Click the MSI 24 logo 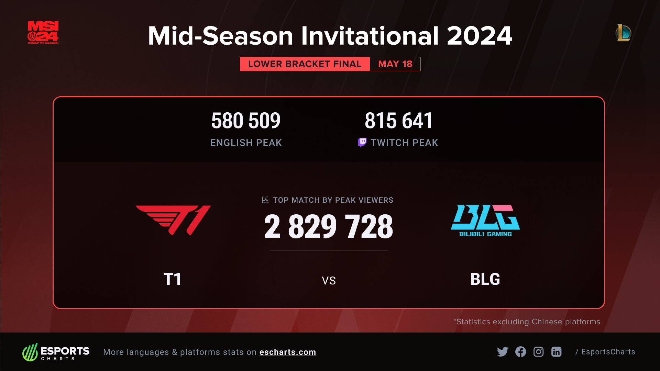[43, 33]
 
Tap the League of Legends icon [623, 33]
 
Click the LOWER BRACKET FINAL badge [305, 64]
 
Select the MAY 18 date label [395, 64]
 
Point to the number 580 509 [246, 121]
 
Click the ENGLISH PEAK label [246, 143]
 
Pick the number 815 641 [399, 121]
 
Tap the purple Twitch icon [362, 142]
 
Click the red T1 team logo [173, 220]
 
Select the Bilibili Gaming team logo [485, 221]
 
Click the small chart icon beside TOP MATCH [265, 200]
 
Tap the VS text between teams [329, 281]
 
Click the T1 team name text [172, 279]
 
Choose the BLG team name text [485, 279]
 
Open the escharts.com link [288, 352]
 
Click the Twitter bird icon [503, 352]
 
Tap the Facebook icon [520, 352]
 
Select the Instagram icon [538, 352]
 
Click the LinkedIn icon [556, 352]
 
